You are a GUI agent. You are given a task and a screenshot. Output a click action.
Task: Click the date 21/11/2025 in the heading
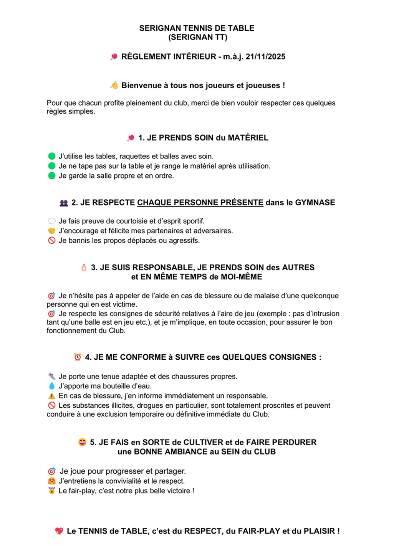coord(265,57)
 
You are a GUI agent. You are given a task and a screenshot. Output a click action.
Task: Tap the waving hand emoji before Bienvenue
coord(114,85)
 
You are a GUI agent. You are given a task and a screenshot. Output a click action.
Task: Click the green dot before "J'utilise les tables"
coord(52,156)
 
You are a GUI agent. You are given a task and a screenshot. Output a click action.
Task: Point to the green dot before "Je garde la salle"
coord(52,176)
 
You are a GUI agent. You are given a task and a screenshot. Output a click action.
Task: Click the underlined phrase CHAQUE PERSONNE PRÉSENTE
coord(200,203)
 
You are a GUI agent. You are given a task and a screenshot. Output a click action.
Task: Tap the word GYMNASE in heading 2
coord(315,203)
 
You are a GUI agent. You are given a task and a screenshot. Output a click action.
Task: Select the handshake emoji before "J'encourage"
coord(52,231)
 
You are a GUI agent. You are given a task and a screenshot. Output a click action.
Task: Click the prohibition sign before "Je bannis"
coord(52,241)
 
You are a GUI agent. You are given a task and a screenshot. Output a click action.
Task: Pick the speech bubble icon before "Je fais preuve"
coord(52,221)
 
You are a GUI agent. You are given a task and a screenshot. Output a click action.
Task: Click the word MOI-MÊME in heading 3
coord(242,277)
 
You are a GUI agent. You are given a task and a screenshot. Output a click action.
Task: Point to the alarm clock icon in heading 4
coord(78,357)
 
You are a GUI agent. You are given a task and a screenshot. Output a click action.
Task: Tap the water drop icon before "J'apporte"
coord(52,386)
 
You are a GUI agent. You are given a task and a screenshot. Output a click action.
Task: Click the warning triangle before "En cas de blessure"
coord(52,396)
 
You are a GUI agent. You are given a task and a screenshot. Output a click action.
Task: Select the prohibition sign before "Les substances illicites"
coord(52,405)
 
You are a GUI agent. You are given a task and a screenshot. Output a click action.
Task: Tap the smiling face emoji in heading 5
coord(82,442)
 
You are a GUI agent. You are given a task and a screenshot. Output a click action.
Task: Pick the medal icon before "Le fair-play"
coord(52,491)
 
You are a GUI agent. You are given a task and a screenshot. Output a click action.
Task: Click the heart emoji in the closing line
coord(59,531)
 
